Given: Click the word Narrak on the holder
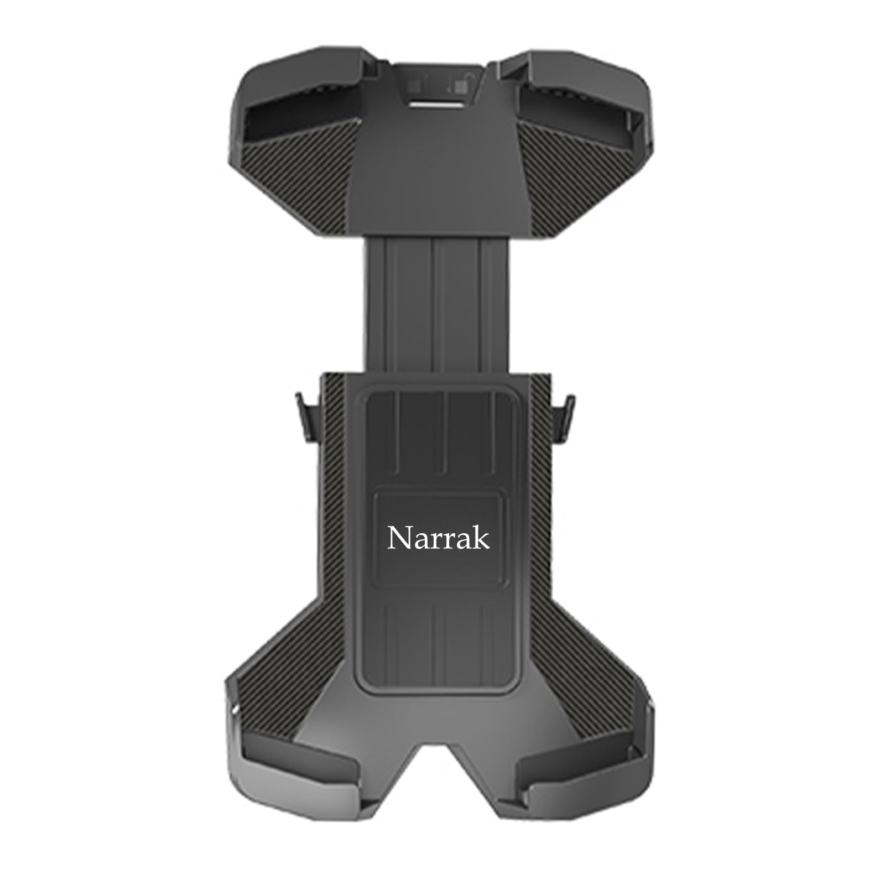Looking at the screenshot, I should (x=438, y=538).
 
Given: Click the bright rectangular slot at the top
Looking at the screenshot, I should (x=436, y=104).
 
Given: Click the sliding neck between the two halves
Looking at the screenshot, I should (x=437, y=304).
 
